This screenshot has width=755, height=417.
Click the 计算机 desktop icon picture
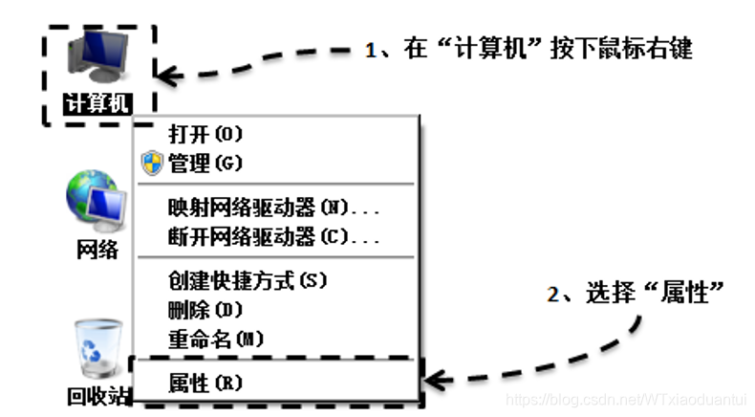click(x=97, y=55)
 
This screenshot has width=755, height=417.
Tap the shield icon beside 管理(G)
click(x=151, y=164)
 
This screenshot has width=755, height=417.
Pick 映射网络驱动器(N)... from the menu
click(x=273, y=208)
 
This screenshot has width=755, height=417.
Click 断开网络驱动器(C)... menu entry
click(x=273, y=235)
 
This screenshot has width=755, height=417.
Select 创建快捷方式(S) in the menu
click(x=247, y=281)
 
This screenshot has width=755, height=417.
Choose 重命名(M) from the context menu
click(x=215, y=339)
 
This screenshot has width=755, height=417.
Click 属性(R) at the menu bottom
click(x=205, y=384)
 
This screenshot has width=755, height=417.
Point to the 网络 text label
click(x=97, y=251)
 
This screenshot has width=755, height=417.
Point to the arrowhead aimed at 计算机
click(x=170, y=74)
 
